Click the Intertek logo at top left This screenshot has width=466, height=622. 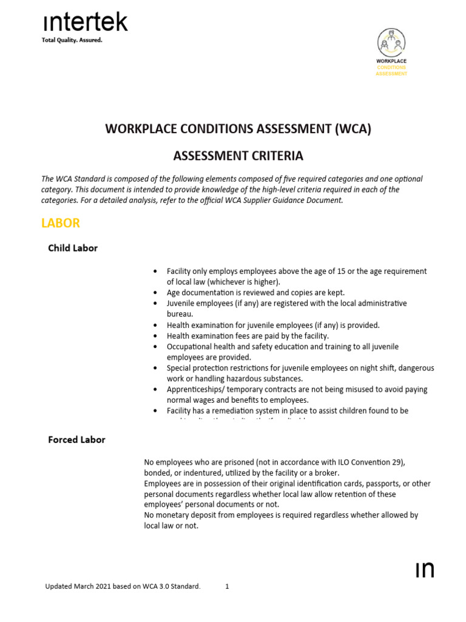point(85,22)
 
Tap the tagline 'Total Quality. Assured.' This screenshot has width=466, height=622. point(72,41)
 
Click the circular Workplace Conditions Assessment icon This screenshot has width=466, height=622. point(391,43)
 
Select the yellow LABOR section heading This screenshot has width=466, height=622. point(60,223)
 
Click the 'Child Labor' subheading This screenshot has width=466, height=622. point(73,248)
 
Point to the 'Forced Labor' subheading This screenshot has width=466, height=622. point(76,440)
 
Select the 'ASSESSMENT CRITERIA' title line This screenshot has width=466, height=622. point(238,156)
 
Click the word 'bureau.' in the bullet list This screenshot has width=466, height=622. point(180,314)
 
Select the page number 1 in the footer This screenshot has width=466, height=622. point(227,587)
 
